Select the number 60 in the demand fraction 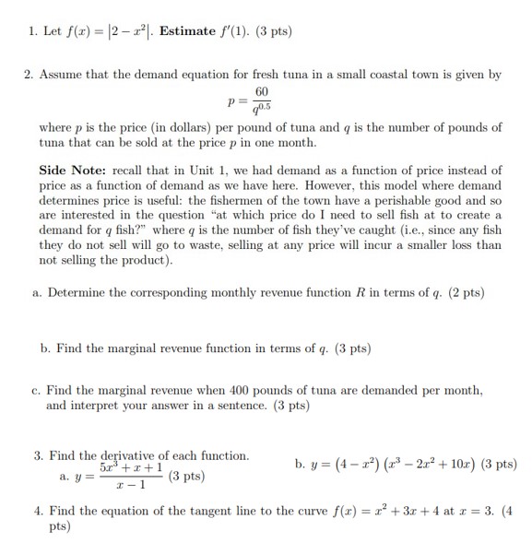pyautogui.click(x=263, y=92)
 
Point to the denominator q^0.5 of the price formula pyautogui.click(x=263, y=109)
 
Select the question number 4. pyautogui.click(x=38, y=510)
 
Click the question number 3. pyautogui.click(x=38, y=455)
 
